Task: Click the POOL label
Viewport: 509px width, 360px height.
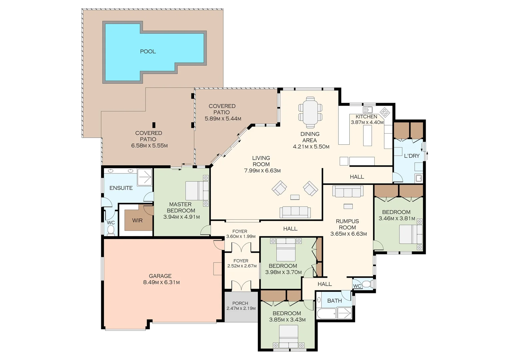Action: pyautogui.click(x=148, y=51)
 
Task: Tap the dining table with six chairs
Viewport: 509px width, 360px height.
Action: pyautogui.click(x=310, y=112)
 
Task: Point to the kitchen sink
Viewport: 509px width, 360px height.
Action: pyautogui.click(x=367, y=110)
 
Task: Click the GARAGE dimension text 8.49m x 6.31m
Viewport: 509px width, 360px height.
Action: pyautogui.click(x=161, y=282)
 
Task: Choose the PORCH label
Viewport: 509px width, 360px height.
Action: pyautogui.click(x=240, y=303)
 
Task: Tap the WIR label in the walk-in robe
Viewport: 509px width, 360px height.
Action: pyautogui.click(x=137, y=220)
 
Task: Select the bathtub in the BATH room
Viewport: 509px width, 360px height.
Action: pyautogui.click(x=326, y=313)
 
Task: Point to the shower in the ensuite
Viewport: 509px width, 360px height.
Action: pyautogui.click(x=145, y=177)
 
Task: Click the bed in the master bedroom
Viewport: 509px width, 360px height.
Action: pyautogui.click(x=197, y=191)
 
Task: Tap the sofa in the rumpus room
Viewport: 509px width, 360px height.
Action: pyautogui.click(x=348, y=192)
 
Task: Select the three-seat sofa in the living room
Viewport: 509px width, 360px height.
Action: pyautogui.click(x=295, y=212)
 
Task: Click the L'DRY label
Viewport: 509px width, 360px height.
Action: pyautogui.click(x=411, y=156)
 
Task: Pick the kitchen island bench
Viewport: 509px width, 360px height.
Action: pyautogui.click(x=367, y=135)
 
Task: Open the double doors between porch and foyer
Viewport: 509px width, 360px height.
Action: pyautogui.click(x=241, y=285)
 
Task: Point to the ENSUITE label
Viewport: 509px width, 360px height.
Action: pyautogui.click(x=121, y=188)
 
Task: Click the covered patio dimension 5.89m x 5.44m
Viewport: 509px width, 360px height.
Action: pyautogui.click(x=223, y=119)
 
